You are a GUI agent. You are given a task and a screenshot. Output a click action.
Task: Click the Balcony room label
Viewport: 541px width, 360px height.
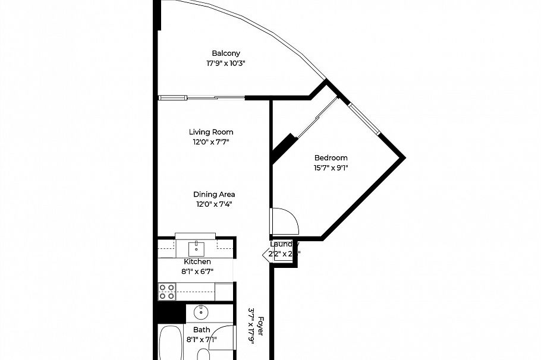coord(226,53)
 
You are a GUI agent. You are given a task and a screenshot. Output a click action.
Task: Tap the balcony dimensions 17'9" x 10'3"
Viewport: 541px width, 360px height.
coord(226,63)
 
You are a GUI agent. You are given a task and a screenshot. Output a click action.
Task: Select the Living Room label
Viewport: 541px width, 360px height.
coord(211,132)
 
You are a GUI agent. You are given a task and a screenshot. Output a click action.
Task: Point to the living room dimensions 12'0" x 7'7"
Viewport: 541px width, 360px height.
coord(211,142)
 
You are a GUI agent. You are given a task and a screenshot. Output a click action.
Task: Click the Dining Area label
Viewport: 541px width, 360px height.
coord(214,194)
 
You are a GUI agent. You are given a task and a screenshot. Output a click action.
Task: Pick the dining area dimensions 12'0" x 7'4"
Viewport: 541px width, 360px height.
coord(214,204)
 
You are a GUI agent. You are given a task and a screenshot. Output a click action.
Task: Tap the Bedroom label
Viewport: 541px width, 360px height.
coord(331,157)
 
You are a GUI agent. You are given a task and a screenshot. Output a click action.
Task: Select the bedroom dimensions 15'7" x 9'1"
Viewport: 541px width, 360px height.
coord(331,168)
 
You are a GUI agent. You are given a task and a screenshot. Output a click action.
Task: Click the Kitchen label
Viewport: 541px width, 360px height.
coord(197,261)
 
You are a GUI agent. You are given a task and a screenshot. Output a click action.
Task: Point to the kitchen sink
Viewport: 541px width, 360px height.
coord(196,248)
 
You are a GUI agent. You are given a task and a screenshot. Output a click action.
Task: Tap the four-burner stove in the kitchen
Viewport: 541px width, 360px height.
coord(167,292)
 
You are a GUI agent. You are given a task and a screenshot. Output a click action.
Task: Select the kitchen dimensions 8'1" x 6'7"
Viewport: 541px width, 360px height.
coord(197,271)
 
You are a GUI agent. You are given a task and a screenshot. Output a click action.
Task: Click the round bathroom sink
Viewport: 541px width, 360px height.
coord(201,311)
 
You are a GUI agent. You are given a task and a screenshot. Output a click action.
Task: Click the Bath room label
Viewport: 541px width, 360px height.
coord(202,330)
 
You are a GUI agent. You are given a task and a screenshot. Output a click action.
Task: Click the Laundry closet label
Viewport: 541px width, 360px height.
coord(284,244)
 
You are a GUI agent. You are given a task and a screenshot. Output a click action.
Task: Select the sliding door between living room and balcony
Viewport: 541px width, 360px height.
coord(202,97)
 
